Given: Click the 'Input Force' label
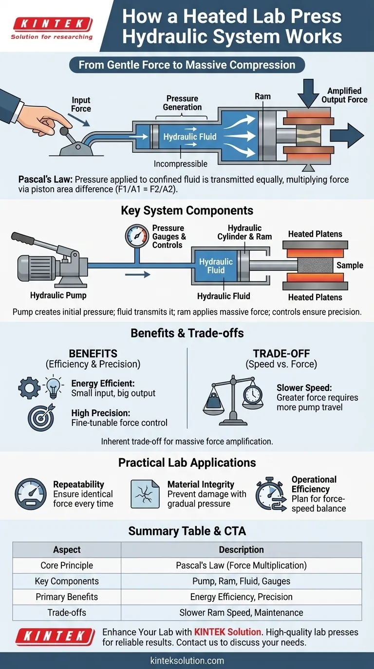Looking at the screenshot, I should [81, 105].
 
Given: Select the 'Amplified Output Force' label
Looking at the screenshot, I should [344, 95].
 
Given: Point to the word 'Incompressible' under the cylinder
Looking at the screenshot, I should [180, 164].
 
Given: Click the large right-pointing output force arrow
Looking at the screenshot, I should [350, 135].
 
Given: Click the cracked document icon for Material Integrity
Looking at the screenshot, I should [145, 494].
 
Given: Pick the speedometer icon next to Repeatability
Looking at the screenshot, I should [30, 494].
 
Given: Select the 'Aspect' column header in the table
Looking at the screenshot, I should [67, 550].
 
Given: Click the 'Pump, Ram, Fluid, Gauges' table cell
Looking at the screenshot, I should [241, 581].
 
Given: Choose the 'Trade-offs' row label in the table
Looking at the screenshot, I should [67, 612].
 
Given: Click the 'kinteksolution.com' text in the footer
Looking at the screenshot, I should [187, 660].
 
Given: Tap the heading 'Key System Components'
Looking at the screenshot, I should [187, 211].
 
